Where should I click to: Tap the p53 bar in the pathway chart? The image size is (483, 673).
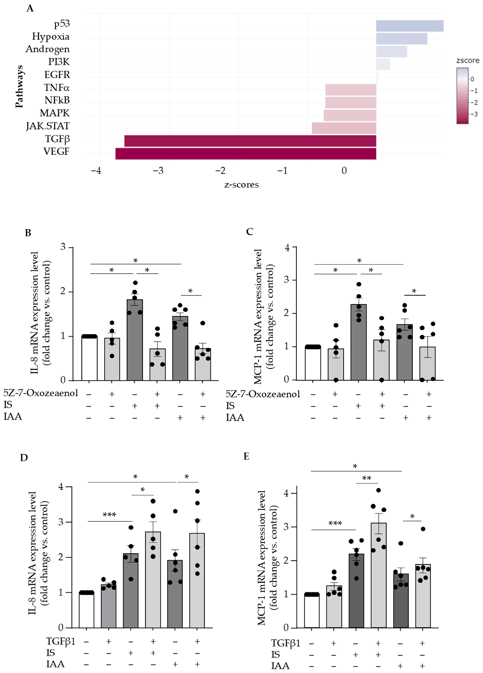[410, 26]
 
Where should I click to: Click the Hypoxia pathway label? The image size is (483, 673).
[51, 36]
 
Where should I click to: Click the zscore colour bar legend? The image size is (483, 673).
[462, 96]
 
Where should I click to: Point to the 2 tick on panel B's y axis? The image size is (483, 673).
[63, 291]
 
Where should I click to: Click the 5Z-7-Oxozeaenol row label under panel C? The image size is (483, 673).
[263, 394]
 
